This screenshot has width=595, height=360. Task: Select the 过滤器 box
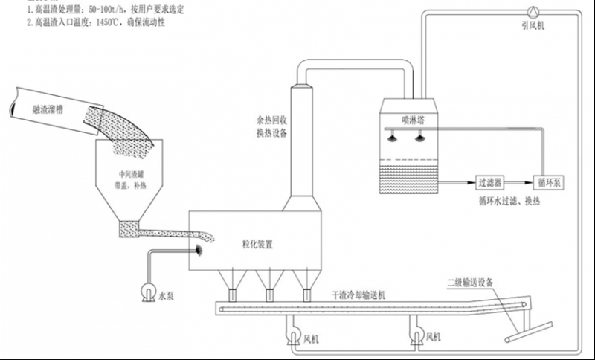[492, 181]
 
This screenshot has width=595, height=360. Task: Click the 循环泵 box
[553, 181]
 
